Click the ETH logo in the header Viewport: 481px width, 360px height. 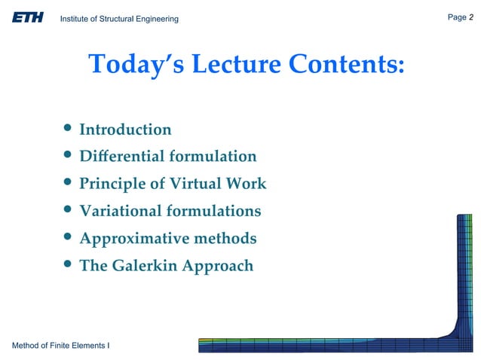point(27,17)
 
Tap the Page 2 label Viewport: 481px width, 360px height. point(460,17)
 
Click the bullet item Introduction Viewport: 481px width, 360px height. point(125,130)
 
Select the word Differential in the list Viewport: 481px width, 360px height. point(121,157)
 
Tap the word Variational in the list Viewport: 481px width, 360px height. point(121,211)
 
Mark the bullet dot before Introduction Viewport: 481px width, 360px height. point(68,130)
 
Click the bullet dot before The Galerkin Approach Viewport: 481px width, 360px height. point(68,265)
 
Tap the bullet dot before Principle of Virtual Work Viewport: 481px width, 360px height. point(68,184)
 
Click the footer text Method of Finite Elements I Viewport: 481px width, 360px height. point(61,345)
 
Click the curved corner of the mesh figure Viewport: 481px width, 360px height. point(454,332)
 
